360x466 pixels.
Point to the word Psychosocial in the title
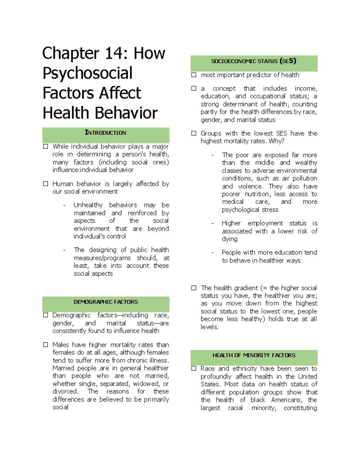tap(87, 73)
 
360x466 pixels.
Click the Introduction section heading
tap(105, 133)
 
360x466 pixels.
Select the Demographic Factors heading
tap(106, 302)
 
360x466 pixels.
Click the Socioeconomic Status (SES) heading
tap(253, 61)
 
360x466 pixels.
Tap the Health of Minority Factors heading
tap(254, 355)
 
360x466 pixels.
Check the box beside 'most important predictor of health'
tap(194, 75)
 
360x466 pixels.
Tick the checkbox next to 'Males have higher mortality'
tap(46, 345)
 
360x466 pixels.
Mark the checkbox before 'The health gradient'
tap(194, 288)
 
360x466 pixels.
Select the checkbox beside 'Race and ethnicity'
tap(194, 368)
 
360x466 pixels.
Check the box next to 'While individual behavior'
tap(46, 146)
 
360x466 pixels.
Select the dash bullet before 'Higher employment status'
tap(212, 224)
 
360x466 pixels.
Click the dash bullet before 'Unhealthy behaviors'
tap(64, 205)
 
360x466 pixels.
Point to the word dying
tap(229, 239)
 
